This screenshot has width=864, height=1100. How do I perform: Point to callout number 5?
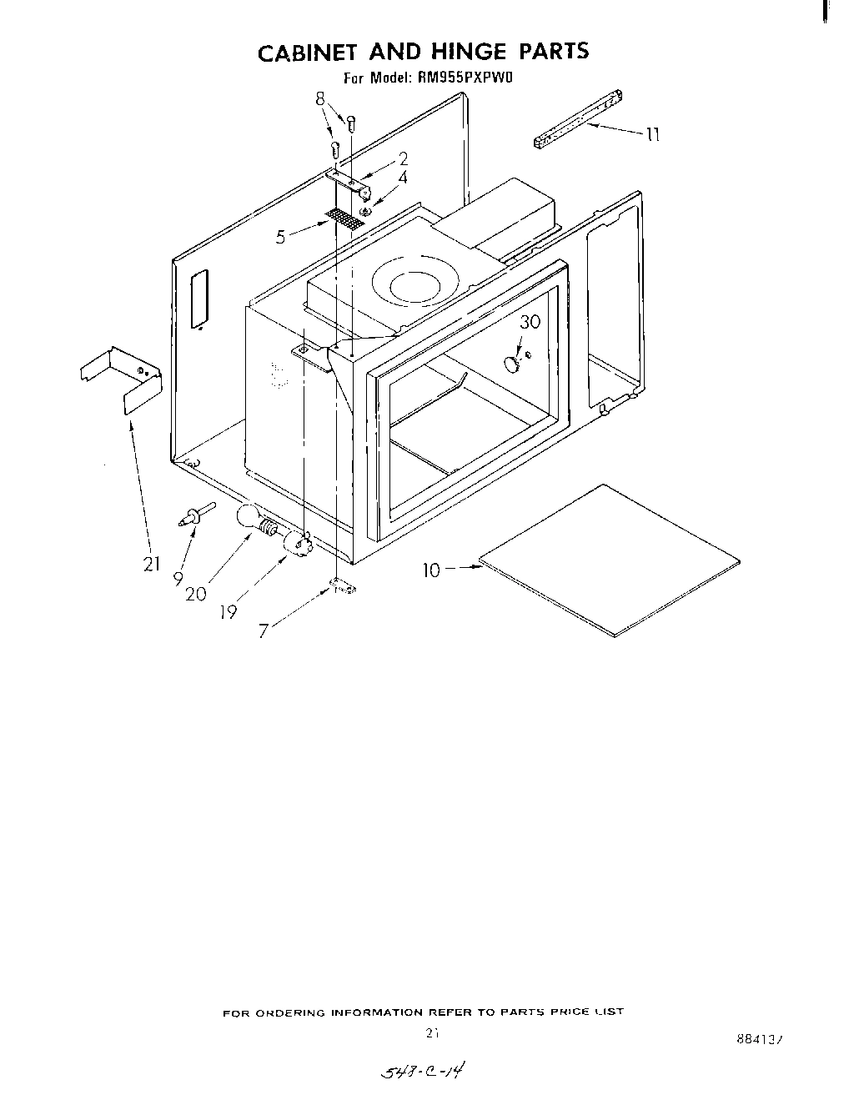[x=281, y=237]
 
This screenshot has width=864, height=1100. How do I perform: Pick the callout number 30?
[x=530, y=322]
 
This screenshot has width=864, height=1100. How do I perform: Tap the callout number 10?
[x=431, y=570]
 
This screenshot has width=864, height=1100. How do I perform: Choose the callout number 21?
[x=151, y=565]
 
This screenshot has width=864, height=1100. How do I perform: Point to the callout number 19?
[x=227, y=611]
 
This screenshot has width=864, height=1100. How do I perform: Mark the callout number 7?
[x=264, y=631]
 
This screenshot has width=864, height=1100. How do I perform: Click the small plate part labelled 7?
[x=342, y=587]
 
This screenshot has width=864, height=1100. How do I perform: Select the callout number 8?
[x=320, y=98]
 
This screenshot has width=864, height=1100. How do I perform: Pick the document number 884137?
[x=761, y=1039]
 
